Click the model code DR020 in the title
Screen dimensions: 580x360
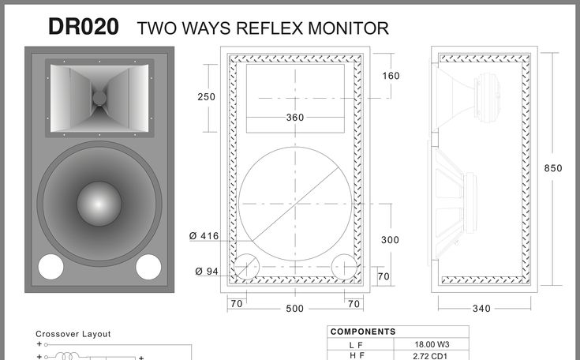pos(84,27)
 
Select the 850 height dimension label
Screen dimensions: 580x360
pos(553,168)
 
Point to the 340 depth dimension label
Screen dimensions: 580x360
pos(481,309)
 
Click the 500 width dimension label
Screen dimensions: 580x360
pos(295,309)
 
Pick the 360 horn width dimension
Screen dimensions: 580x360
pos(295,118)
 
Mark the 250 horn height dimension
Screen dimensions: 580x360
pos(207,96)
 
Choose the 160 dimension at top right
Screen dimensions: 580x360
pos(391,76)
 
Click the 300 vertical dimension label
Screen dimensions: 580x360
pos(391,240)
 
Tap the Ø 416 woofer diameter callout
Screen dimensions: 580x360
pos(204,236)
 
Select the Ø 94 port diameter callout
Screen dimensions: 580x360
pos(207,272)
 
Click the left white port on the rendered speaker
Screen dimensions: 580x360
pos(51,266)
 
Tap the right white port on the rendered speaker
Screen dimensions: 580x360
pos(148,266)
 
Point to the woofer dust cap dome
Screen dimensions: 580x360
pos(99,204)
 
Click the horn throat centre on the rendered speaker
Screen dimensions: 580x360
pos(99,98)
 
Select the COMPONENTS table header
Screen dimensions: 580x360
pos(363,332)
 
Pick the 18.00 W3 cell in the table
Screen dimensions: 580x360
pos(432,344)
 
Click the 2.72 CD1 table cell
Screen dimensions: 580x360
pos(430,356)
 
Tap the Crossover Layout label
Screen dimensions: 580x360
pos(73,334)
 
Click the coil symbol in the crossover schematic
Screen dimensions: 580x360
pos(68,356)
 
